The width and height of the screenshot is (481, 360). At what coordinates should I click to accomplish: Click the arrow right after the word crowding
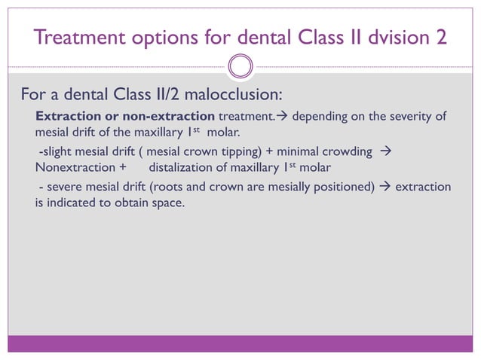(384, 151)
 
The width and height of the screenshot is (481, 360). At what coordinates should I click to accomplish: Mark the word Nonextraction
(74, 167)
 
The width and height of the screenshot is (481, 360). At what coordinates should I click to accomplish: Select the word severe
(63, 186)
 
